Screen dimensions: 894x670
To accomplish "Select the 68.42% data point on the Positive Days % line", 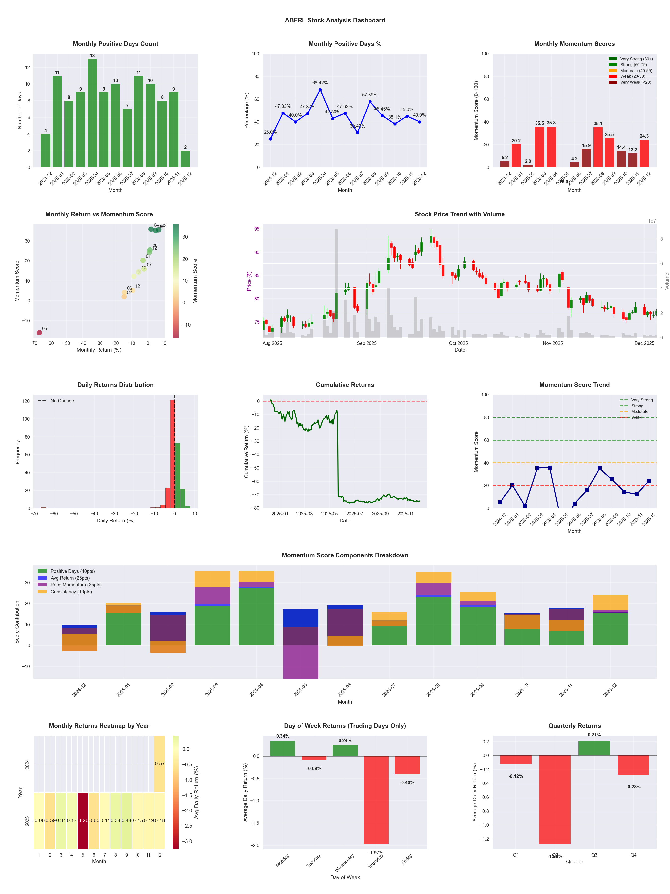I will point(320,90).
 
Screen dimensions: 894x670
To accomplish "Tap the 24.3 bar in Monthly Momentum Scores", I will point(644,153).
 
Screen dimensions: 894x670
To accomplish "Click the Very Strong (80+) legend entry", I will point(636,59).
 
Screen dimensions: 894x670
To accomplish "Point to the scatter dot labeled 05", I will point(39,333).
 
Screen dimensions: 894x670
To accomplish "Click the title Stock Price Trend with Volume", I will point(460,214).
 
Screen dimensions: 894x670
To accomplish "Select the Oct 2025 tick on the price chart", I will point(458,343).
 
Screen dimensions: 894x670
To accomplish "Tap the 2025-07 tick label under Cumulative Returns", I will point(355,514).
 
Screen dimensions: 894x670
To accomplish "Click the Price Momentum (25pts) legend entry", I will point(76,585).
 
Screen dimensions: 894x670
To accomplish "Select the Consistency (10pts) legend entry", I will point(71,592).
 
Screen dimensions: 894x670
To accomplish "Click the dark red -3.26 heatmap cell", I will point(83,820).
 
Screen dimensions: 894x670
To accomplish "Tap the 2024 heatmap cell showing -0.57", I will point(159,764).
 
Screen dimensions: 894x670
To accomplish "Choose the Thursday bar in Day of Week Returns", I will point(376,800).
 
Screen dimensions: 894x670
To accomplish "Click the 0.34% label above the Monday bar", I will point(283,736).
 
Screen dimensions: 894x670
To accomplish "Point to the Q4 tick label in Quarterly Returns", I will point(633,855).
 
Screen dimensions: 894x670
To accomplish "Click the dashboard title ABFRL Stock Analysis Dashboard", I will point(335,20).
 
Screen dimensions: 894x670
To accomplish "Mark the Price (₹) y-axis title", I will point(249,281).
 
